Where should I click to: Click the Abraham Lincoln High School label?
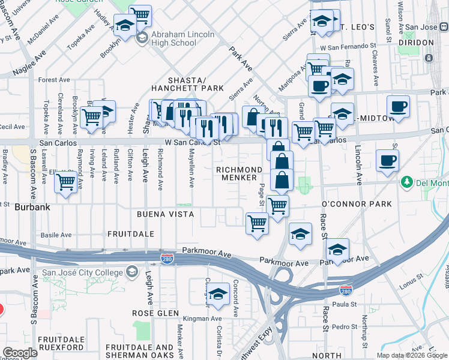coord(182,38)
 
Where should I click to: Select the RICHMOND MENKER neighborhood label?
coord(240,173)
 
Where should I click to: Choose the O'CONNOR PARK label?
coord(357,204)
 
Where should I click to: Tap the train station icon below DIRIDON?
coord(429,58)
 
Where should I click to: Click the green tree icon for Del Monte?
coord(406,182)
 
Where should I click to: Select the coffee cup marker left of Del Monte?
coord(387,160)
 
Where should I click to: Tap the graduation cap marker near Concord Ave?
coord(218,294)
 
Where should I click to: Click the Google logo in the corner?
coord(20,353)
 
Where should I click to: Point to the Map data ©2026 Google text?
coord(412,355)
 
